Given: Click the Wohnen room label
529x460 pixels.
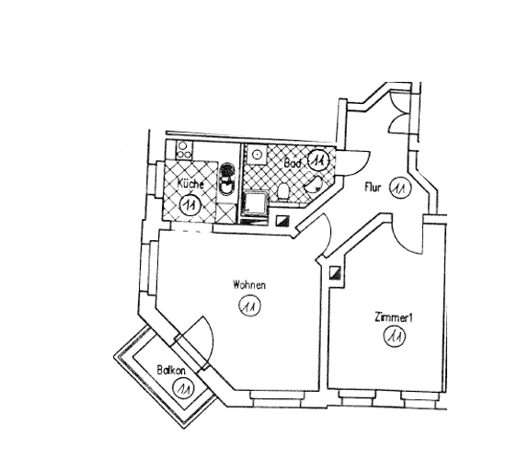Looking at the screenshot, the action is tap(249, 285).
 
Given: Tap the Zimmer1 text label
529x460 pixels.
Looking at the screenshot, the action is tap(394, 318).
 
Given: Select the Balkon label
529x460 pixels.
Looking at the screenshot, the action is tap(171, 371).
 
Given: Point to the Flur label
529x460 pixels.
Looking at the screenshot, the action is tap(373, 188).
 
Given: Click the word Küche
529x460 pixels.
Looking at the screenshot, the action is tap(190, 184).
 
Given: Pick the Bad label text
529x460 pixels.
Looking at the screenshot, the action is tap(293, 163).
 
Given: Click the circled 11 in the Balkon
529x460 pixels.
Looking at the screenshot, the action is tap(182, 388).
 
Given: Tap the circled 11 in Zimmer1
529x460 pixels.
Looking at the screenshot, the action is tap(395, 336).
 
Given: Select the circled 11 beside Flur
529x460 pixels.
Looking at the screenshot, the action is tap(400, 189).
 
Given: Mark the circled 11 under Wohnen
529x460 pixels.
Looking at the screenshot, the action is tap(249, 305).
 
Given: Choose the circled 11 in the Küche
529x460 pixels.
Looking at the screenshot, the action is tap(190, 204).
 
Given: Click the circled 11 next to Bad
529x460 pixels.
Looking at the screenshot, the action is tap(319, 159).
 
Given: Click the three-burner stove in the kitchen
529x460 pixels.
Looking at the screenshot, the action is tap(184, 150).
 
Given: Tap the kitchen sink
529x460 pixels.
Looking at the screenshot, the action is tap(227, 178).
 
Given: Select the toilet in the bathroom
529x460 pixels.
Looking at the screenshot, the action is tap(283, 191).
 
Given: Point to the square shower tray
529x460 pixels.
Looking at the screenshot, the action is tap(256, 203).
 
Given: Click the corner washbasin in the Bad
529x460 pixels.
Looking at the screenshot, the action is tap(314, 184).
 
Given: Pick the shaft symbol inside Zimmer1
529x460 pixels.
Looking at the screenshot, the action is tap(336, 272).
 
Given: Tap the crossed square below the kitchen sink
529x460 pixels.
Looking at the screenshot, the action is tap(226, 213).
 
